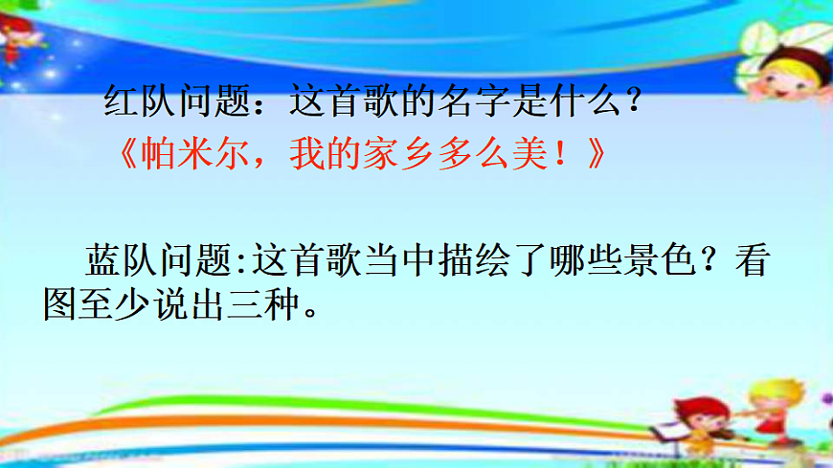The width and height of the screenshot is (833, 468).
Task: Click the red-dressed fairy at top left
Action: point(13,38)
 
